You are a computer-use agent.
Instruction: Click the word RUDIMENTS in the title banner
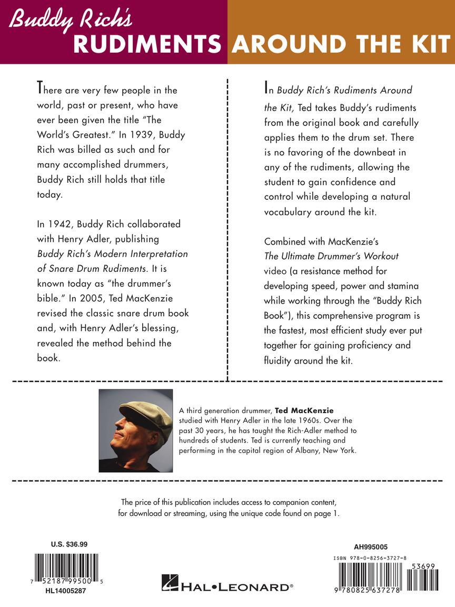(147, 44)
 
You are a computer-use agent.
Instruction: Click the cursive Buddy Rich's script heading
(71, 21)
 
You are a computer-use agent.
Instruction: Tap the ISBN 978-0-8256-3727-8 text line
(376, 557)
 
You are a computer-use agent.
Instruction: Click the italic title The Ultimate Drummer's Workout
(331, 256)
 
